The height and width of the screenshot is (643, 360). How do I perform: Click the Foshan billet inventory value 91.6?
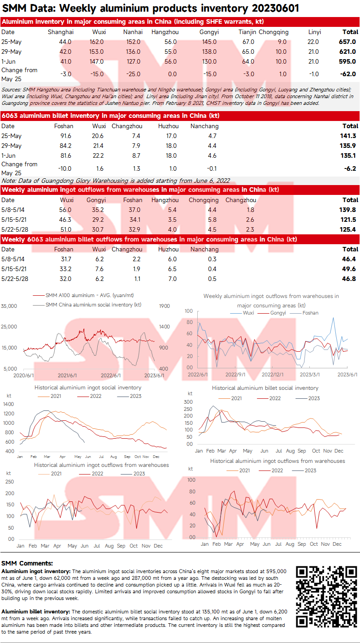point(65,136)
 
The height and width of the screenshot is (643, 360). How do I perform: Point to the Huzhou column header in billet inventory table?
point(168,126)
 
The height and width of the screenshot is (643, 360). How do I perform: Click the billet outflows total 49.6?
point(349,269)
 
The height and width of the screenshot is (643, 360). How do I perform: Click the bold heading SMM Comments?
point(27,563)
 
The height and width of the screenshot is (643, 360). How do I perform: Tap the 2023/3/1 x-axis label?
point(309,375)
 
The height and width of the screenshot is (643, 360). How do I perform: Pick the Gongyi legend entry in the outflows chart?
point(278,313)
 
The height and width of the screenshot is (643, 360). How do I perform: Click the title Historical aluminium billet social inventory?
point(265,388)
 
